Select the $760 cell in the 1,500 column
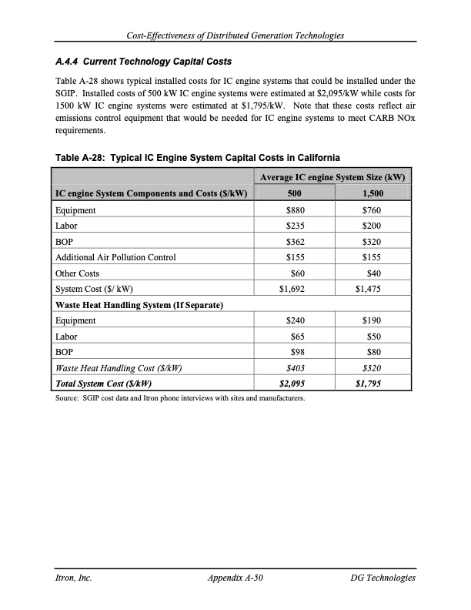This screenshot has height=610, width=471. pos(372,209)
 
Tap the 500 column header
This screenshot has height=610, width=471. pos(294,193)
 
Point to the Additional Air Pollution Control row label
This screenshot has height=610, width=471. pos(115,257)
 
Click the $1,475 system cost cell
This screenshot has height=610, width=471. pos(369,289)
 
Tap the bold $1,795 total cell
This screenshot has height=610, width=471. pos(369,384)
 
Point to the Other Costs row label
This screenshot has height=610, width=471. pos(77,273)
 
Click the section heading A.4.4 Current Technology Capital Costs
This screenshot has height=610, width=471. pos(142,61)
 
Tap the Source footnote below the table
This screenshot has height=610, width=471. pos(179,398)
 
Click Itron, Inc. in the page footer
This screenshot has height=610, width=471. pos(73,578)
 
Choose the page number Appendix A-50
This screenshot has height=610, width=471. pos(235,578)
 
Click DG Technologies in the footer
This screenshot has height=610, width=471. pos(382,578)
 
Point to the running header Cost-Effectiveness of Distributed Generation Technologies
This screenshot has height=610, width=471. pos(235,35)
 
